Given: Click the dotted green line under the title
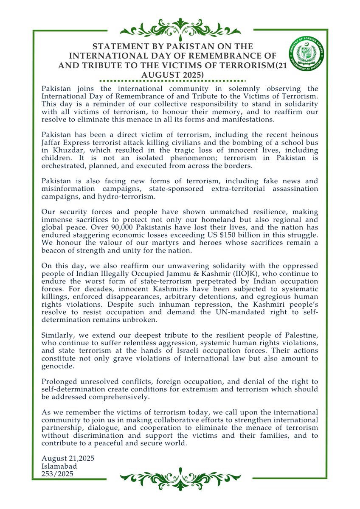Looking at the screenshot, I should [x=172, y=80].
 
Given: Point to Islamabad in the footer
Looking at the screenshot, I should [x=59, y=467].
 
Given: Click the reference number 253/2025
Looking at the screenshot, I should [x=58, y=474].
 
